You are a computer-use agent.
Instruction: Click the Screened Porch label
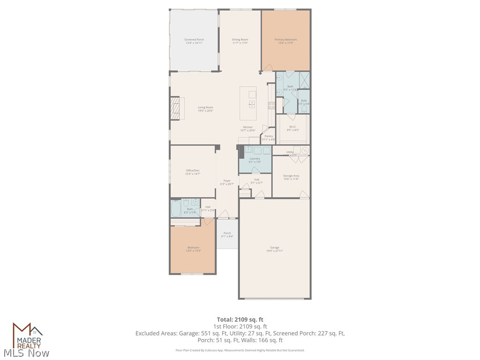[194, 41]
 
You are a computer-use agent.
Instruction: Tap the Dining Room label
[240, 41]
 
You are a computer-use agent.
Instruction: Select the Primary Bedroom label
[285, 41]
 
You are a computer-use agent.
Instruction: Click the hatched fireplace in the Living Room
[175, 108]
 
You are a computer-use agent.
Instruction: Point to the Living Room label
[205, 109]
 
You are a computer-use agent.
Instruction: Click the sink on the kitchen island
[252, 104]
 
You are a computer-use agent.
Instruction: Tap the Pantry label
[269, 137]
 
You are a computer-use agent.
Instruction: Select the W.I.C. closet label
[292, 128]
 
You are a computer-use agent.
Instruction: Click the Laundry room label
[255, 160]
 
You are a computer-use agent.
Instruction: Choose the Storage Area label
[291, 177]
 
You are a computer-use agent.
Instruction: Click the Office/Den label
[193, 172]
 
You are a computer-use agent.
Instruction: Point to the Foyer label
[227, 182]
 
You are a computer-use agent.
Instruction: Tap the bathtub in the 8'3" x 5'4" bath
[176, 209]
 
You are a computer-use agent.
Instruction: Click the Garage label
[274, 249]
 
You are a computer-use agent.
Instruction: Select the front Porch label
[227, 234]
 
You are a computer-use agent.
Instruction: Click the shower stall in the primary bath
[304, 80]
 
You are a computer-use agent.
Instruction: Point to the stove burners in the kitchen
[271, 105]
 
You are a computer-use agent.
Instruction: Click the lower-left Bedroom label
[193, 249]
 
